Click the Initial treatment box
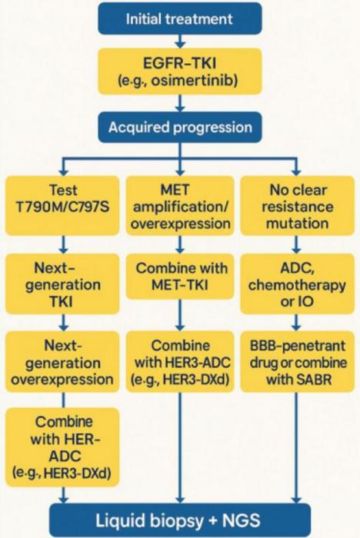click(x=179, y=18)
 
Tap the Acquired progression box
click(x=179, y=126)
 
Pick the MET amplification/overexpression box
click(x=179, y=206)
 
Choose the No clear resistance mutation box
click(x=296, y=206)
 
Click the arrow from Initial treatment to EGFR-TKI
click(x=179, y=42)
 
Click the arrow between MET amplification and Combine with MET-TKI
click(x=179, y=244)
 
